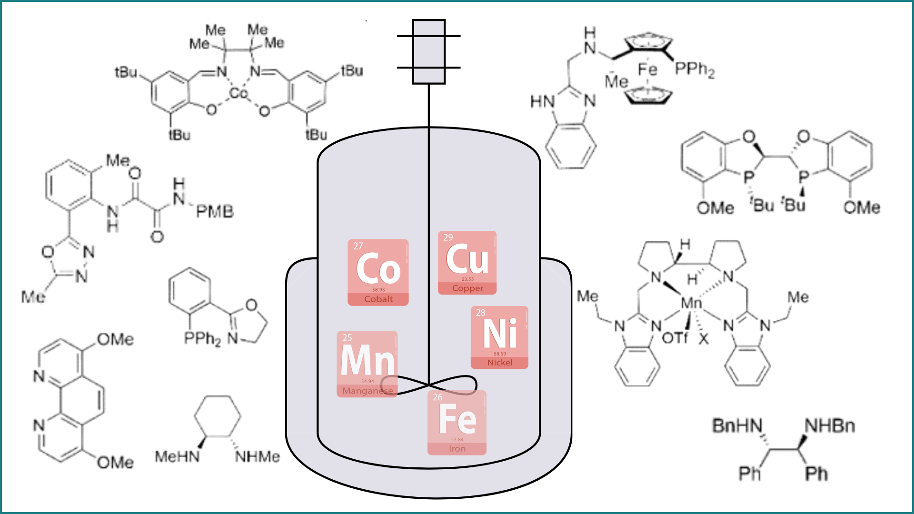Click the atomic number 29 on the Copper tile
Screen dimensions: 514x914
point(448,237)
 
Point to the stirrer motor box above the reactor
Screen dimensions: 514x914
point(428,52)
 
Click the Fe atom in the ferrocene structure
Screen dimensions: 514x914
point(647,69)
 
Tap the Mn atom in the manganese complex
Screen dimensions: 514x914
point(691,303)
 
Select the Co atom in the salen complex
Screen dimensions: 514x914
point(238,93)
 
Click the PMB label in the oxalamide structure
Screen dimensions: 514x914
point(215,211)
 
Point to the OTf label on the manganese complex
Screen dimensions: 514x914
point(675,338)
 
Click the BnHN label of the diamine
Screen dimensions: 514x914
point(737,425)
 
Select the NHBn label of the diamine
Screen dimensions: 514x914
point(830,425)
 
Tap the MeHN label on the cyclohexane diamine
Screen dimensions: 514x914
point(177,457)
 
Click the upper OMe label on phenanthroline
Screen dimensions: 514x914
point(115,339)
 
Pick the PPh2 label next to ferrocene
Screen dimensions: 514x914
point(695,69)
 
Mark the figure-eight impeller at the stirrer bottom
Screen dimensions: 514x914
point(429,385)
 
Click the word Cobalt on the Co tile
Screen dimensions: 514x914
point(378,299)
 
